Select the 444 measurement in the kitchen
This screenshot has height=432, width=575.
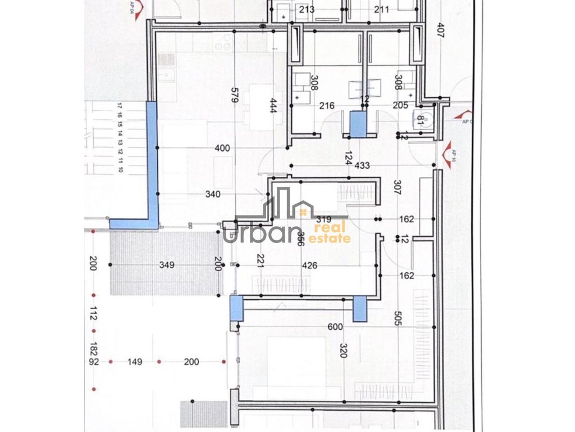[274, 105]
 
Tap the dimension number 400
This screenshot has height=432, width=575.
[223, 148]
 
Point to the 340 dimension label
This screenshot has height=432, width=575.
[213, 195]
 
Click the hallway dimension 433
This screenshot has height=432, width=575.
[362, 165]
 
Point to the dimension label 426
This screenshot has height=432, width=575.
[309, 265]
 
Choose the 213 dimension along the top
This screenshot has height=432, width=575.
[307, 9]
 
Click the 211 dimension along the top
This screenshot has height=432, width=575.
[382, 9]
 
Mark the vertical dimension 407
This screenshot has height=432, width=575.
[440, 29]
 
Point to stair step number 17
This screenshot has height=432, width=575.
[120, 105]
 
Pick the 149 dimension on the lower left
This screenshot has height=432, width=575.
[134, 362]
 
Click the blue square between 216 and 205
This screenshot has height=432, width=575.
[358, 124]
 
